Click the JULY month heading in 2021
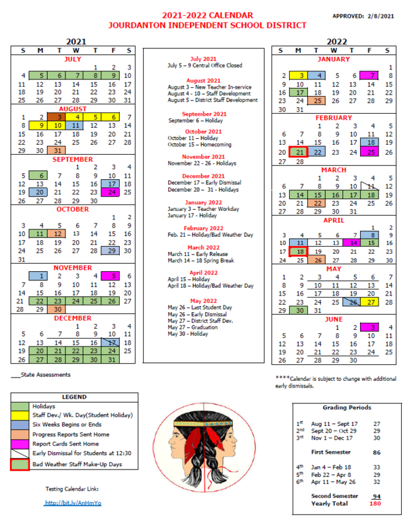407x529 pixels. (x=72, y=58)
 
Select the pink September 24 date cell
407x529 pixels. (x=112, y=192)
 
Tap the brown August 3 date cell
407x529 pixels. (x=59, y=117)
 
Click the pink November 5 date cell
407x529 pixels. (x=112, y=276)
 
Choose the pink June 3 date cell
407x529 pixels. (x=372, y=327)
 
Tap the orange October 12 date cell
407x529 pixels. (x=59, y=234)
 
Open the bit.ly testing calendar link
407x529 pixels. (x=72, y=503)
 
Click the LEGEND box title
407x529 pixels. (x=73, y=397)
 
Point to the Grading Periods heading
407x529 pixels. (x=347, y=407)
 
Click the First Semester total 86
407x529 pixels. (x=377, y=452)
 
